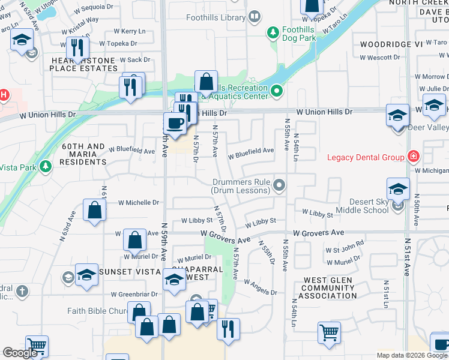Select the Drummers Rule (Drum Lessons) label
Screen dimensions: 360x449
[240, 186]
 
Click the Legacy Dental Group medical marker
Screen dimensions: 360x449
[413, 157]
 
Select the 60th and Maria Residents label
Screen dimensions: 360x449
[84, 154]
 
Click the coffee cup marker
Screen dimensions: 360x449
[175, 123]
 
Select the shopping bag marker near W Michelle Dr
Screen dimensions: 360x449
[95, 210]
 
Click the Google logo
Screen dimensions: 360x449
[20, 353]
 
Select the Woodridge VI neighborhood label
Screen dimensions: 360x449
[391, 44]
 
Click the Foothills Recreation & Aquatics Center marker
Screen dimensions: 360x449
[277, 91]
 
